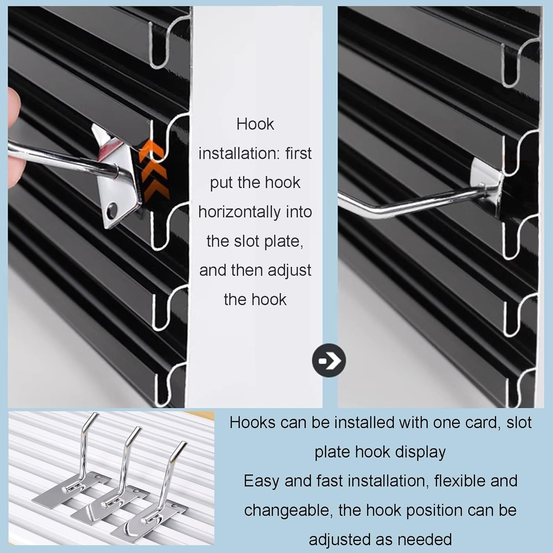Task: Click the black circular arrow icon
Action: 329,360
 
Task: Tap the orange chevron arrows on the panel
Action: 154,171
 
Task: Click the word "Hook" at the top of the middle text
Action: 255,124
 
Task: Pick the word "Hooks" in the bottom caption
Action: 252,422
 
